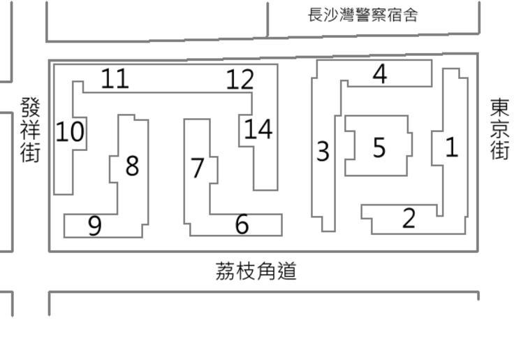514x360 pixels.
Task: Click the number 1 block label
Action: [452, 147]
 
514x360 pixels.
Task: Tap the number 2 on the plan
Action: [409, 218]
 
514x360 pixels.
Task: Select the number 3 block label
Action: [323, 151]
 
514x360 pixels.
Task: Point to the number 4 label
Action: [380, 73]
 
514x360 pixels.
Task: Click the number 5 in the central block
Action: [379, 147]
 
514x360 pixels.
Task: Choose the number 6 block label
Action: [242, 224]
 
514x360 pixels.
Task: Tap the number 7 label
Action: [198, 168]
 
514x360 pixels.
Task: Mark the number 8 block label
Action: [131, 166]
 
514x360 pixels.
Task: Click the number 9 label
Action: [95, 225]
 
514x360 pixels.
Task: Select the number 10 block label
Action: [69, 131]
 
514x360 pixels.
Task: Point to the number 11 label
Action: [115, 78]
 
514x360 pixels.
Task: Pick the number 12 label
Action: [240, 80]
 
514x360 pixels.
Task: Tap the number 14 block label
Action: [258, 129]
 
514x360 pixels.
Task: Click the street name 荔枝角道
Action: [256, 271]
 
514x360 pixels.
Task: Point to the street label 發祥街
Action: [30, 129]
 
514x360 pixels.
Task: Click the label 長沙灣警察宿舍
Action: [363, 15]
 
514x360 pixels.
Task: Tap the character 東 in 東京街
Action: [499, 108]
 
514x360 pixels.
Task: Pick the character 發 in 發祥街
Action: [30, 108]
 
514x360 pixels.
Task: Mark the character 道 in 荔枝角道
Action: [287, 271]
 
